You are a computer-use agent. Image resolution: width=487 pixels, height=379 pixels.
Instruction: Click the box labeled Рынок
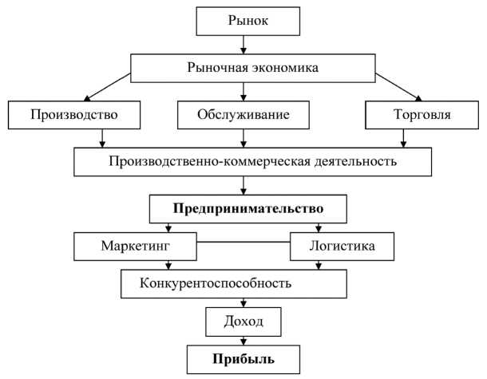(x=242, y=21)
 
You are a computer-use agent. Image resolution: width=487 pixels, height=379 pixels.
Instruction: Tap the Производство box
(x=73, y=115)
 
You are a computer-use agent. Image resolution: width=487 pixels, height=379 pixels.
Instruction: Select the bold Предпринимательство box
(x=247, y=210)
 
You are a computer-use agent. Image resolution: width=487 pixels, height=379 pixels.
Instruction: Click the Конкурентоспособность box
(x=233, y=282)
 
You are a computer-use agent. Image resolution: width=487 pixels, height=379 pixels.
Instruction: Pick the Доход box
(x=242, y=322)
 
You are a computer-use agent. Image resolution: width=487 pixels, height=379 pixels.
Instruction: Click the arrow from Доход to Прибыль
(x=243, y=339)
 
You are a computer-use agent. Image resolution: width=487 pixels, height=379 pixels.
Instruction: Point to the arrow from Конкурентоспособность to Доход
(x=243, y=302)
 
